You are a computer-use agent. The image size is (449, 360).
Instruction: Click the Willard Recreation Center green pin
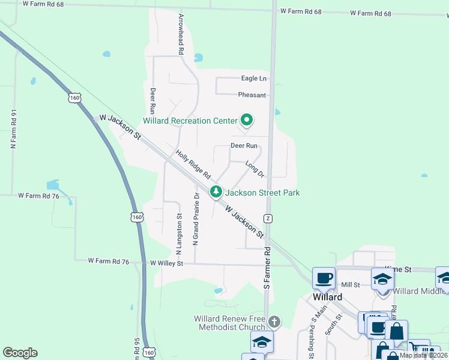[x=246, y=120]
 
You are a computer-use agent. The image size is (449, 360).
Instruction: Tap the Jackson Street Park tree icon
[x=215, y=193]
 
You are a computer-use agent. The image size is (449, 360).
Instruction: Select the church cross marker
[x=274, y=322]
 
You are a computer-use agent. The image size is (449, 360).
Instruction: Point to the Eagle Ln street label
[x=253, y=79]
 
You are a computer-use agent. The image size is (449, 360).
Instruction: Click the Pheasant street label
[x=252, y=95]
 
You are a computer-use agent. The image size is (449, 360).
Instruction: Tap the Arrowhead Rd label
[x=180, y=35]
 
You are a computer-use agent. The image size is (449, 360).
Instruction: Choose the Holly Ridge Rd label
[x=193, y=164]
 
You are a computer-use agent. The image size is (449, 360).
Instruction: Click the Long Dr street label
[x=255, y=169]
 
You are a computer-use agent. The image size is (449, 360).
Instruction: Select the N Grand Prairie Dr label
[x=195, y=219]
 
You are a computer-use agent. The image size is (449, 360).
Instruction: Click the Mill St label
[x=349, y=285]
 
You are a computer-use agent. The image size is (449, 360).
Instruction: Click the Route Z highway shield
[x=268, y=218]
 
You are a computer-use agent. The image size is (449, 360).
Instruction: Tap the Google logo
[x=20, y=353]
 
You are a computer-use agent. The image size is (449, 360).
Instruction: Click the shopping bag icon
[x=396, y=331]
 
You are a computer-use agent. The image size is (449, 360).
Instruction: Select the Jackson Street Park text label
[x=262, y=193]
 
